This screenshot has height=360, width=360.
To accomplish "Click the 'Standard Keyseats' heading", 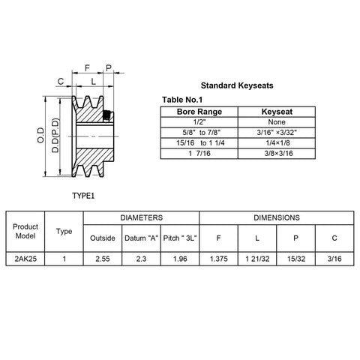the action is pos(237,85).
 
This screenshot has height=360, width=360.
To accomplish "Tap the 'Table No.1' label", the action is pos(182,100).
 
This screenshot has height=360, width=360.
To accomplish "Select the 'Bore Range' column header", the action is pos(199,112).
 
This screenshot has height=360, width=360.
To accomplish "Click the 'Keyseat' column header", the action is pos(277,112).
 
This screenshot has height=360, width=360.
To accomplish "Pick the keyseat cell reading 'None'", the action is pos(277,122).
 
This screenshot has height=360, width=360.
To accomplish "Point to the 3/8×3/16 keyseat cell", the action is pos(278,154).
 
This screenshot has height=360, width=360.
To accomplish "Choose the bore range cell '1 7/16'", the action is pos(199,154).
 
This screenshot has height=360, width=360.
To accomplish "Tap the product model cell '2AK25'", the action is pos(25,259).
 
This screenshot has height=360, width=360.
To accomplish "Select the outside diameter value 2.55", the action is pos(103,259).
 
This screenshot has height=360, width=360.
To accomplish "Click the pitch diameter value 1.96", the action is pos(180,259).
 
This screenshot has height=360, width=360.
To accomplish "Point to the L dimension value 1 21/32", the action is pos(257,259).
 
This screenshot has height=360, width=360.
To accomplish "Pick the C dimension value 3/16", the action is pos(334,259).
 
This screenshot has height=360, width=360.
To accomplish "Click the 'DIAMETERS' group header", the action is pos(142,217).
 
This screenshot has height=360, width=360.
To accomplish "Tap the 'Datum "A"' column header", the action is pos(141,238).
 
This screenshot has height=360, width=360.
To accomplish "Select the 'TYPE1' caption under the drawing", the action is pos(83,196).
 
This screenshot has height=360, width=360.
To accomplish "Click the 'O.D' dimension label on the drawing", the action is pos(40,135).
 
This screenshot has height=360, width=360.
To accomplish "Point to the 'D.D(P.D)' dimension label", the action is pos(55,135).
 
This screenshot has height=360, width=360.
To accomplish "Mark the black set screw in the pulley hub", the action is pos(106,115).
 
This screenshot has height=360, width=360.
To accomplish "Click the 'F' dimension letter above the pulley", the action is pos(87,67).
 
